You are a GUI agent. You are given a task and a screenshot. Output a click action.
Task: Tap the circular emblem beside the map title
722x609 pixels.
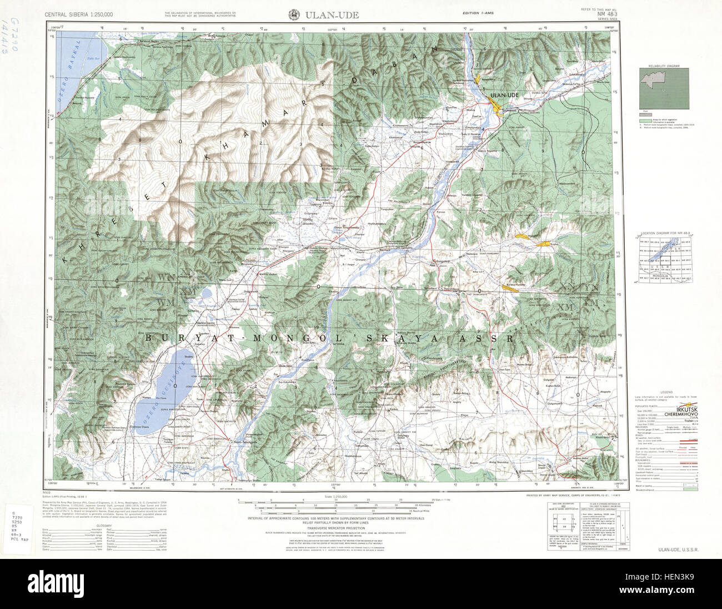point(293,15)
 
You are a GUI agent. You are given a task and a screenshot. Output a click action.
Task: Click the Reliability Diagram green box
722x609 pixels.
point(664,88)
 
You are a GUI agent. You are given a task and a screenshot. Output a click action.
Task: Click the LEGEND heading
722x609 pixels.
point(666,392)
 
